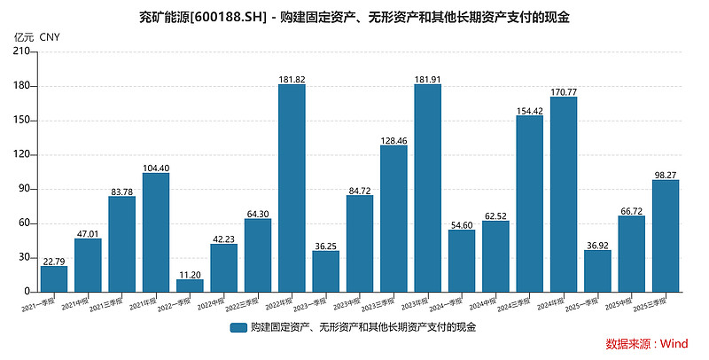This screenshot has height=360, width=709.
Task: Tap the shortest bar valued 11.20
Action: point(190,285)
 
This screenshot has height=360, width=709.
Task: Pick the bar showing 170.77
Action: point(563,194)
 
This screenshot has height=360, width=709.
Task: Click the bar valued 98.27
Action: point(665,235)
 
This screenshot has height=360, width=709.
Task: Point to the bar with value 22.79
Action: point(54,278)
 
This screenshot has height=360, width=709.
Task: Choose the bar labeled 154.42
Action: point(529,203)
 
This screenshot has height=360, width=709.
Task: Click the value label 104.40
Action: point(156,167)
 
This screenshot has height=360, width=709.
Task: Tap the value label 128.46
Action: point(393,139)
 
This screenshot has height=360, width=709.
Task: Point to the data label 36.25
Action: point(325,245)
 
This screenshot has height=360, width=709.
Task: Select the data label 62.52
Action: point(495,215)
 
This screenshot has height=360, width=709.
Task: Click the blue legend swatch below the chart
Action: point(238,327)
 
